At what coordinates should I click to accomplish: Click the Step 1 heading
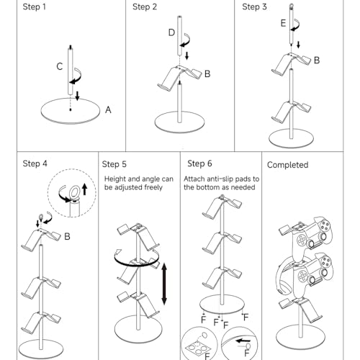click(x=34, y=6)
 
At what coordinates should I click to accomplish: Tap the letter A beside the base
click(x=108, y=110)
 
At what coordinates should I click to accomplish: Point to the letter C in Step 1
click(x=60, y=66)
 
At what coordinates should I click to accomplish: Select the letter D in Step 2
click(x=171, y=32)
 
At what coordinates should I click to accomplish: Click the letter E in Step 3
click(x=283, y=23)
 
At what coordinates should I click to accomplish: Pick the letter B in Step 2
click(x=207, y=74)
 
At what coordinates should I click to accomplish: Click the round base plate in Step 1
click(x=71, y=111)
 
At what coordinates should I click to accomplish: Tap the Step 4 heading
click(x=35, y=163)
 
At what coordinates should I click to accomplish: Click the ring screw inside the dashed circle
click(x=75, y=193)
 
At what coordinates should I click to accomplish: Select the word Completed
click(x=287, y=165)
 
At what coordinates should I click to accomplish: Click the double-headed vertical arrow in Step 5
click(x=164, y=284)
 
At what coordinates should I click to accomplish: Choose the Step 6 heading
click(x=199, y=163)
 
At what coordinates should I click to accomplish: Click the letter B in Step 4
click(x=67, y=237)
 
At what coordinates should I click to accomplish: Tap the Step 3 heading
click(x=254, y=6)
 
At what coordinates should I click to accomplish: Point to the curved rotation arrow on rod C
click(x=76, y=77)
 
